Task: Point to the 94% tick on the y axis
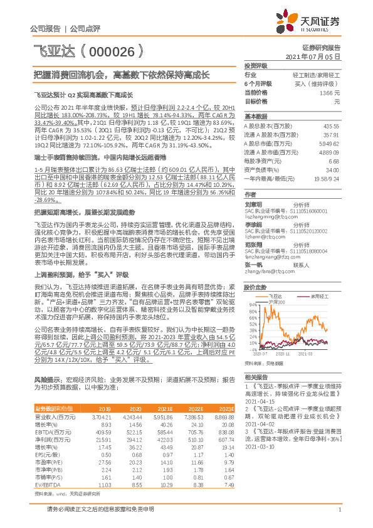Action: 253,304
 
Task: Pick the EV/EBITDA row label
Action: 45,485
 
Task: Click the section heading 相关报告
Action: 255,377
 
